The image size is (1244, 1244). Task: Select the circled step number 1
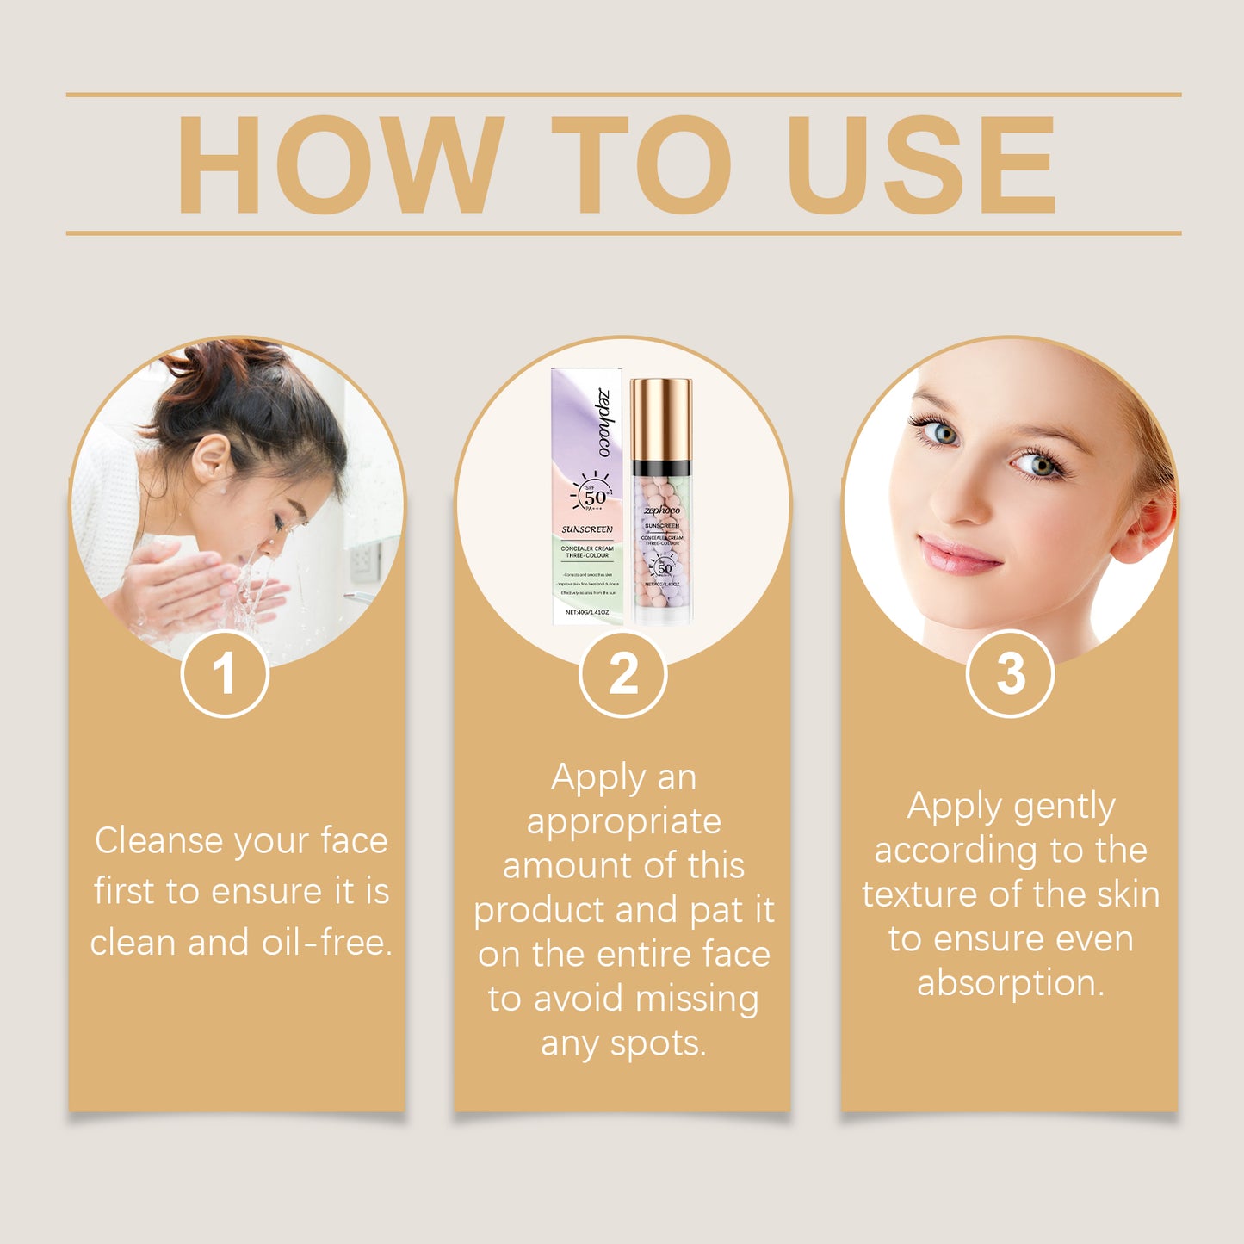225,673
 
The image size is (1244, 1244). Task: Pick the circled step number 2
622,673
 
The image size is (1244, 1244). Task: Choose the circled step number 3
1010,673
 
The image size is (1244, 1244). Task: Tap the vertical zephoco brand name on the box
604,423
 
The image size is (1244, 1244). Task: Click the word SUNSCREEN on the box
587,529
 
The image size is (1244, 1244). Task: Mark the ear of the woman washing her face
212,458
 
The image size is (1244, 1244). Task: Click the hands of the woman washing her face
185,585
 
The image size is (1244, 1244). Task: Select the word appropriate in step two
623,823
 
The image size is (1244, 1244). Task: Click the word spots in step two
658,1044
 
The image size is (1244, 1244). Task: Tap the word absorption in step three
1010,983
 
